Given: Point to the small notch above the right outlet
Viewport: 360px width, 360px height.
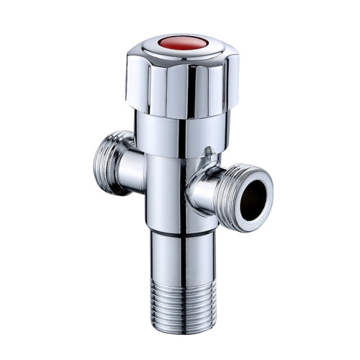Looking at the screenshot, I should tap(210, 153).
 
